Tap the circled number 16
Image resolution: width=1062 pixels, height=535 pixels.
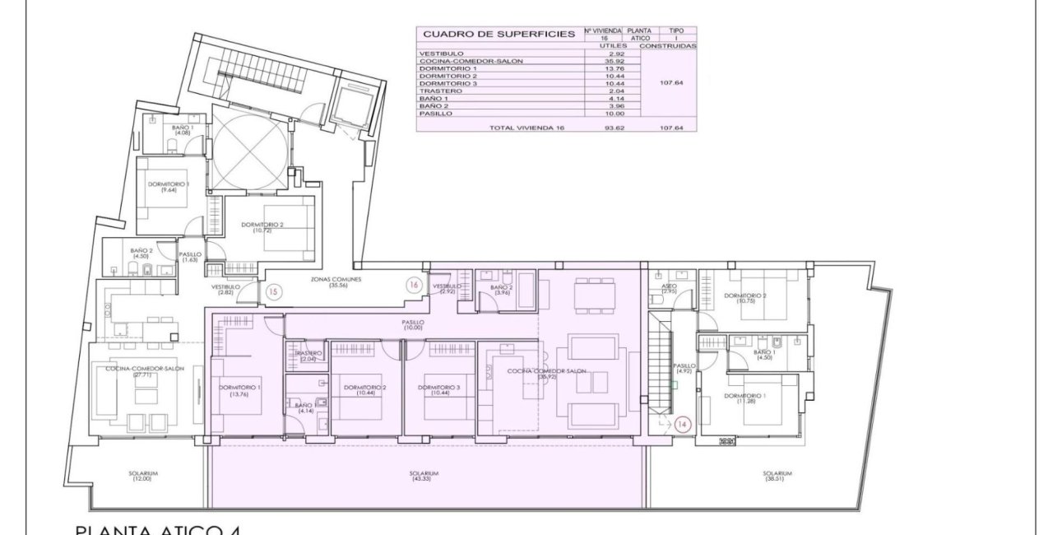(415, 285)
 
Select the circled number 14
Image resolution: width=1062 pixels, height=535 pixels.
(682, 425)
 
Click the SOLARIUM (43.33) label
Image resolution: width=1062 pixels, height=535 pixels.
(424, 476)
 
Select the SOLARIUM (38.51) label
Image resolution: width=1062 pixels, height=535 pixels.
(777, 476)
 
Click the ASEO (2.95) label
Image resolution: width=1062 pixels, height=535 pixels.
(670, 288)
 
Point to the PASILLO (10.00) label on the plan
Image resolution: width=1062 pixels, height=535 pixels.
(413, 325)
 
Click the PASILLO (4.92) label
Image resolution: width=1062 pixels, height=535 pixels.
(684, 369)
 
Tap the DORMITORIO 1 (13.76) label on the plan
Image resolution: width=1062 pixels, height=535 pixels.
(240, 390)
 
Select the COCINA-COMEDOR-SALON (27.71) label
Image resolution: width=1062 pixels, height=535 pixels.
(145, 372)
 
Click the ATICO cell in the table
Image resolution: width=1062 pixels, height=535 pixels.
(639, 38)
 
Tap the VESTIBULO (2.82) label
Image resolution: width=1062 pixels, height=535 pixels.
(225, 290)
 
